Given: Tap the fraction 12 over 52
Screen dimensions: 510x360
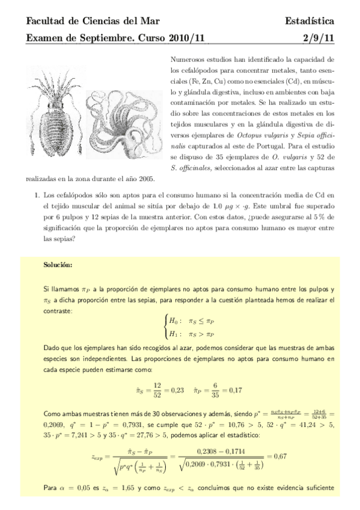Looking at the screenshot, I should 157,390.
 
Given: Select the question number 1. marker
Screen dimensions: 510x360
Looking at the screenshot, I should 38,195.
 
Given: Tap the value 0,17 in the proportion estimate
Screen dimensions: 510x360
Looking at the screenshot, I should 228,390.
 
